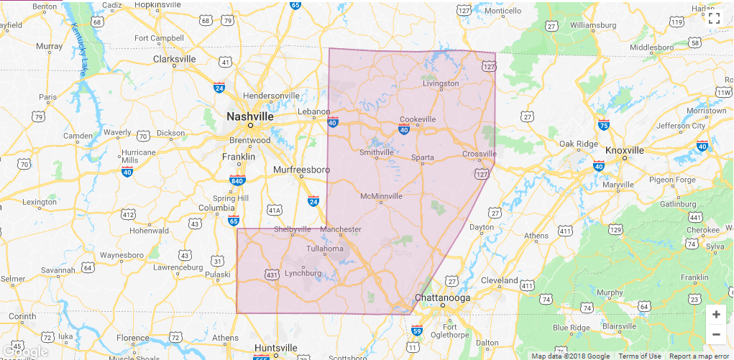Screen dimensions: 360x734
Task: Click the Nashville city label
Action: point(249,116)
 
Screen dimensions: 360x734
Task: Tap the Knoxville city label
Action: point(624,150)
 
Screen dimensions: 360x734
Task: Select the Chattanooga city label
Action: point(442,297)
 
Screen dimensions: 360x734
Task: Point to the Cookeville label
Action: point(418,119)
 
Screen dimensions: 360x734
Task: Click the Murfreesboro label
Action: point(301,170)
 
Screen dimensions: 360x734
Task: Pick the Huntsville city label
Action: point(275,348)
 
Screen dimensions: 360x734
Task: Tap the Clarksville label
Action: point(175,59)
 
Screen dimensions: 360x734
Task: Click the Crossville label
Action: point(480,154)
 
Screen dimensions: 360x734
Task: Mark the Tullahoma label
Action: point(326,249)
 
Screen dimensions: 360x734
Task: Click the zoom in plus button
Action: point(715,315)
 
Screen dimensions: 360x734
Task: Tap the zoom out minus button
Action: point(715,334)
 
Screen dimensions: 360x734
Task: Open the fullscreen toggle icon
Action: point(714,18)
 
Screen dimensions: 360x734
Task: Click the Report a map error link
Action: point(699,356)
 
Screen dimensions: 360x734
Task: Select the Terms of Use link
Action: point(639,356)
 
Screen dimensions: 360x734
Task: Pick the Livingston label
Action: point(440,83)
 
